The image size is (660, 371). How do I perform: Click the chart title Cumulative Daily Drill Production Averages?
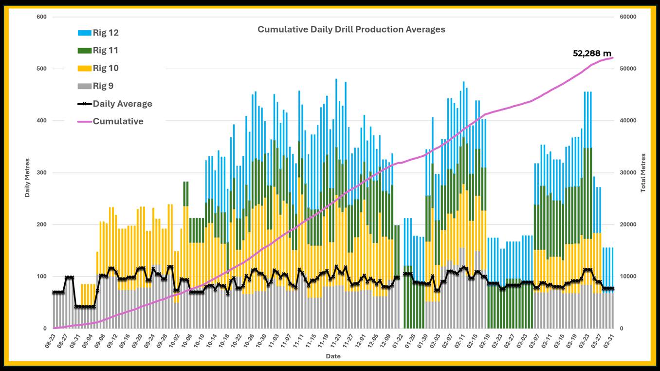(x=351, y=29)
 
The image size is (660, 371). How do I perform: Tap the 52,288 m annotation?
(x=592, y=53)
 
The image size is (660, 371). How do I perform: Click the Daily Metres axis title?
(x=28, y=177)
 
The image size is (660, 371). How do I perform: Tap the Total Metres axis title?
(x=643, y=172)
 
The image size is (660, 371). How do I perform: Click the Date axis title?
(x=333, y=356)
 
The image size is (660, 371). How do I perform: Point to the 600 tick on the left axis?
(x=41, y=17)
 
